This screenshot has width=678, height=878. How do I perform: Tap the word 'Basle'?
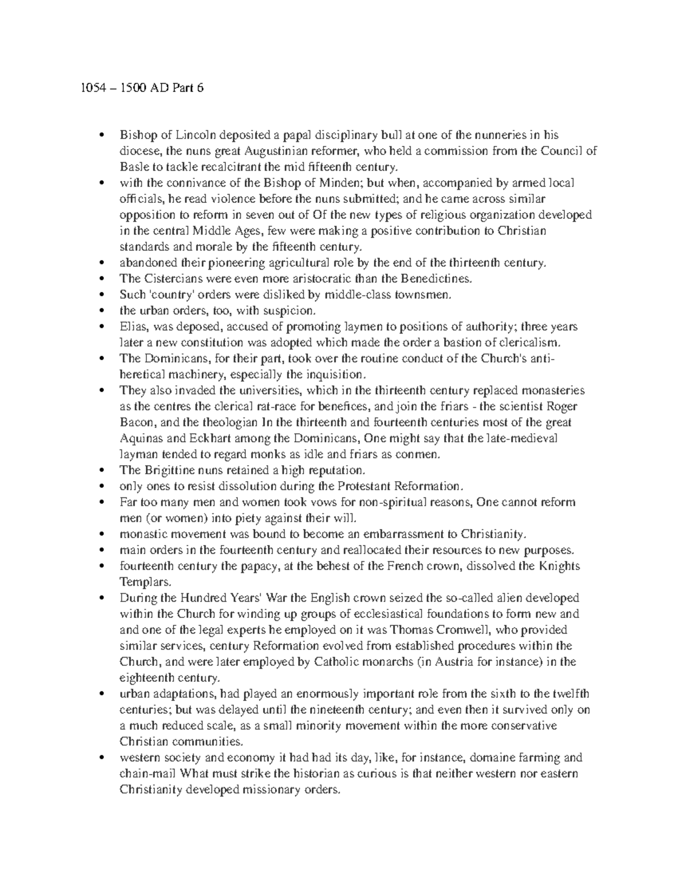tap(132, 167)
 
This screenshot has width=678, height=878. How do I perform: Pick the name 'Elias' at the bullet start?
tap(132, 327)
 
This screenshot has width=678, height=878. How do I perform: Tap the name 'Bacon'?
tap(134, 422)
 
